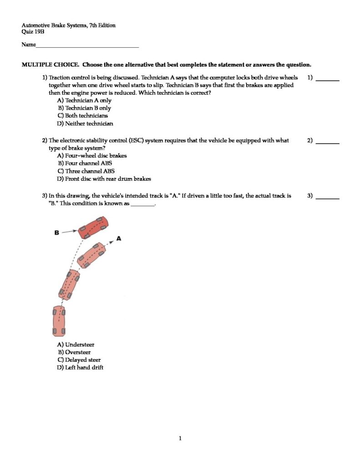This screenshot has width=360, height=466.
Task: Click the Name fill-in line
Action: pos(87,47)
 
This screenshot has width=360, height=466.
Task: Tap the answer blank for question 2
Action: pos(328,143)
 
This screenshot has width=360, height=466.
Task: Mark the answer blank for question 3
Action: pos(328,198)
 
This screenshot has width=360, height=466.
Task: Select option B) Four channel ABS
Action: pos(85,163)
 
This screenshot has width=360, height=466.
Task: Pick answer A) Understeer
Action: pos(76,344)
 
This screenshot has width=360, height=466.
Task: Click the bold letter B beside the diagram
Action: pos(57,233)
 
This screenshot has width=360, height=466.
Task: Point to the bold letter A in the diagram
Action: pos(119,238)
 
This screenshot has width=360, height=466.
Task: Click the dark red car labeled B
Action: pos(93,228)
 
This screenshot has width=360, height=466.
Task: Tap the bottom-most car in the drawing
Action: pos(59,320)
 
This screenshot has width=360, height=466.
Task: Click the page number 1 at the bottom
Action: pos(180,439)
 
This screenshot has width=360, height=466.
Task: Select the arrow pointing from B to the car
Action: pos(69,232)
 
